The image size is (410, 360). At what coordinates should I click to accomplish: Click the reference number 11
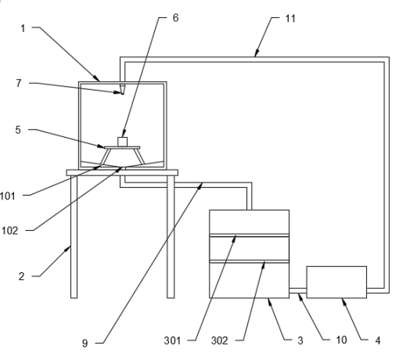coord(290,19)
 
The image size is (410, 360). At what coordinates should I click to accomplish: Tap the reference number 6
coord(175,18)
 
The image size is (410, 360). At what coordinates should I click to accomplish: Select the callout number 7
coord(18,83)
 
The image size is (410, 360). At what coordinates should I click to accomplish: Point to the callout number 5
coord(18,130)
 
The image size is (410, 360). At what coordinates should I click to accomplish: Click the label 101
coord(8,196)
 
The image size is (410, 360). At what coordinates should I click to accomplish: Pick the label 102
coord(9,231)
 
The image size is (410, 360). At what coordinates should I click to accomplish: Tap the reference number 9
coord(85,344)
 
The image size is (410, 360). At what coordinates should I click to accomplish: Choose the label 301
coord(172,340)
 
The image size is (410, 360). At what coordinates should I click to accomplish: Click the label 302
coord(219,340)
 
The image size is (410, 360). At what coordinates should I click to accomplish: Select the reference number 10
coord(341,340)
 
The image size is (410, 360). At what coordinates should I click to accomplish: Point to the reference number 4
coord(378,340)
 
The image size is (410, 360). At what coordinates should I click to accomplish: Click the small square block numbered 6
coord(122,142)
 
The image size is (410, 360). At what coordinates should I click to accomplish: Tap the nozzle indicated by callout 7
coord(122,89)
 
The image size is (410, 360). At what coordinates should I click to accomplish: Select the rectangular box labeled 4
coord(336,282)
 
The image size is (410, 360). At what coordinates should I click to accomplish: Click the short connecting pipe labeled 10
coord(298,290)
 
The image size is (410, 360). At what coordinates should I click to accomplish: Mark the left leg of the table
coord(74,237)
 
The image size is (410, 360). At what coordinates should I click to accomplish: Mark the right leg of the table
coord(171,237)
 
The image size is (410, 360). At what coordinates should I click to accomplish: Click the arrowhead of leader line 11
coord(257,53)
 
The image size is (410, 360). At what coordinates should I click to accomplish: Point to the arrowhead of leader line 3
coord(269,301)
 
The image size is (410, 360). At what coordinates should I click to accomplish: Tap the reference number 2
coord(21,276)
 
